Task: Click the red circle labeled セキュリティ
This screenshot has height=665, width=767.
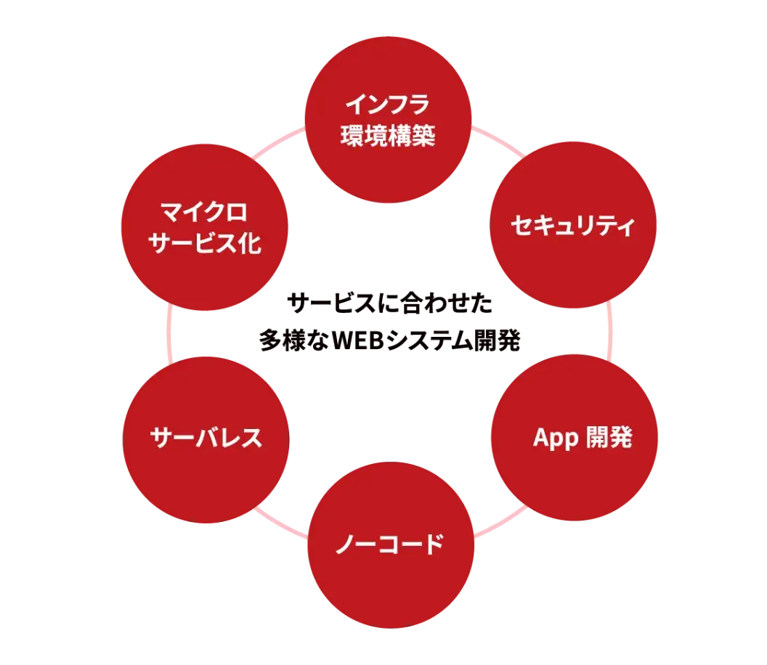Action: click(573, 227)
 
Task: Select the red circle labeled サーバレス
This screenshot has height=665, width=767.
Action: click(206, 438)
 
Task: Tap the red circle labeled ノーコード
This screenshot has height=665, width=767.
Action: click(391, 544)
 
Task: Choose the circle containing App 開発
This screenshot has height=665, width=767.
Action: click(573, 438)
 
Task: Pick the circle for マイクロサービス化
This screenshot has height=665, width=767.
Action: click(205, 227)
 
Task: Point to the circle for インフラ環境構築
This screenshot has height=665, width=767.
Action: click(388, 120)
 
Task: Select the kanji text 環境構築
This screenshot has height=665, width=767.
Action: click(388, 135)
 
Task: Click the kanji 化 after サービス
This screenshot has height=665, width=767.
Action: click(249, 243)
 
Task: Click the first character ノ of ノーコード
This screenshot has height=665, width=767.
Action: click(345, 544)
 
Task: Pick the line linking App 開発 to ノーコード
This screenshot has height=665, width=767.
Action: click(500, 522)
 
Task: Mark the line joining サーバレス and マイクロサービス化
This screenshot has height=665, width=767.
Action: click(169, 332)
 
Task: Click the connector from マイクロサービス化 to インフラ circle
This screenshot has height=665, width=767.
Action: click(278, 142)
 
